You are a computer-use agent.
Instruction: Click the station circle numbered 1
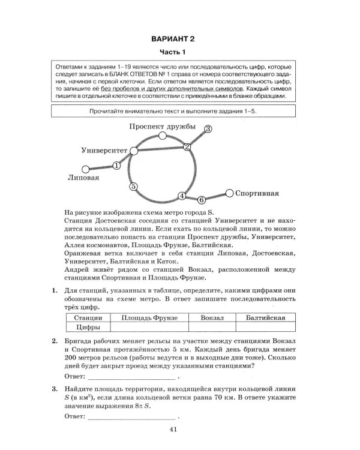point(116,164)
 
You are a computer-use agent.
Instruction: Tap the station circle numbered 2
point(187,147)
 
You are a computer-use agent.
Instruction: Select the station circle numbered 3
point(208,129)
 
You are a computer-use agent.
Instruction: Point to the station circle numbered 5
point(134,187)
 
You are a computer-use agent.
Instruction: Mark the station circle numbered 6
point(202,199)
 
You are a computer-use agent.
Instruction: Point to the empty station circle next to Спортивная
point(229,193)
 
